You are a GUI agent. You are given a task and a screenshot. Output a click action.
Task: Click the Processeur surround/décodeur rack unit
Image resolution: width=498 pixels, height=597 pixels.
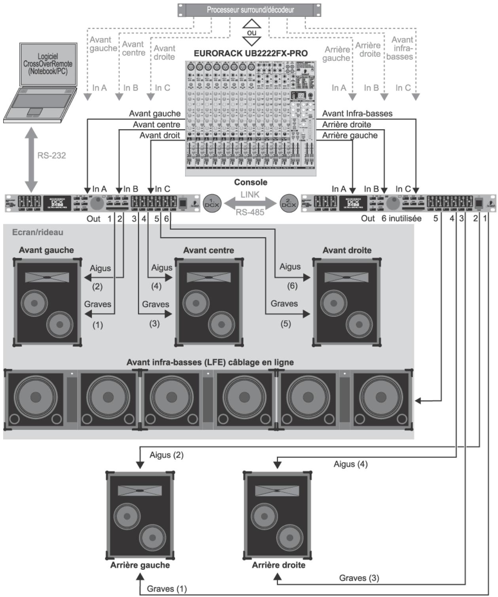pos(250,10)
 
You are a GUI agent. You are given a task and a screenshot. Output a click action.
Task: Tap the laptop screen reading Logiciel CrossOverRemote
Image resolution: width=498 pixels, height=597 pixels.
pos(48,64)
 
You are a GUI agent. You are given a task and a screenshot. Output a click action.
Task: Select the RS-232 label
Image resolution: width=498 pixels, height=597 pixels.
pos(51,155)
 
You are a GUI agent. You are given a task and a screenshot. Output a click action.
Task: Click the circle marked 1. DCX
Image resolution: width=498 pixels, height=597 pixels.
pos(212,204)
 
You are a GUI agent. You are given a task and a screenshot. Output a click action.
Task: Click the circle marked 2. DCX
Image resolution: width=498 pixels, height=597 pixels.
pos(289,204)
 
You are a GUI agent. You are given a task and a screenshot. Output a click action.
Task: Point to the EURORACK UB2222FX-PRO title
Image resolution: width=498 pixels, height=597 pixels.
pos(250,53)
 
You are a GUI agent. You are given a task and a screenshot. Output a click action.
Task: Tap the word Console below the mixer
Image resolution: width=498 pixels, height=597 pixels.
pos(250,182)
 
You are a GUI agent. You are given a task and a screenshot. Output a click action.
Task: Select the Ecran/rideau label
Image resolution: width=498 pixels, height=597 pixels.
pos(38,232)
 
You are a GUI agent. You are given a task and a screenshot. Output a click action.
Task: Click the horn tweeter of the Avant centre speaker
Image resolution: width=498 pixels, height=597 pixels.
pos(208,277)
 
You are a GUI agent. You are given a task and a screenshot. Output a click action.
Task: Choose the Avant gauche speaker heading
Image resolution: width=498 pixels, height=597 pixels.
pos(46,250)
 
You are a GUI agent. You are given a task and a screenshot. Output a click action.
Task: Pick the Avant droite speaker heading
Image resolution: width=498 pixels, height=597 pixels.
pos(347,250)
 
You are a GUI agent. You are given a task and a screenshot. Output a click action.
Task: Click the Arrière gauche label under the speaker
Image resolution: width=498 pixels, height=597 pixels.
pos(140,565)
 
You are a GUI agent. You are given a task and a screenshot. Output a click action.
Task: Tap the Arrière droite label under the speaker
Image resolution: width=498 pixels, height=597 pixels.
pos(278,565)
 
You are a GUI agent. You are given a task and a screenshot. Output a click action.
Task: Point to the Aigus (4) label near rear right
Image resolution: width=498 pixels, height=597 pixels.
pos(350,464)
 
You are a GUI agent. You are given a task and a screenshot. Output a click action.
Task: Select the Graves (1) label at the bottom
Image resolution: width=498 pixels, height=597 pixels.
pos(167,589)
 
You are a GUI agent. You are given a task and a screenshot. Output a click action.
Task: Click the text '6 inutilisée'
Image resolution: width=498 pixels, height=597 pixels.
pos(401,218)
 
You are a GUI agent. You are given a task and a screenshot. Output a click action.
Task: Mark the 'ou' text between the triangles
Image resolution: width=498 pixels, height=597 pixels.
pos(252,32)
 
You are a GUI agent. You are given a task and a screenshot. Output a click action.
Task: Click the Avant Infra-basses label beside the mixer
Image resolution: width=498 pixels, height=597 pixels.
pos(357,113)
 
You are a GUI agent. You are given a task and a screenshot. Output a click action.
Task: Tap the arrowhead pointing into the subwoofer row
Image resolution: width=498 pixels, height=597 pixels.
pos(418,401)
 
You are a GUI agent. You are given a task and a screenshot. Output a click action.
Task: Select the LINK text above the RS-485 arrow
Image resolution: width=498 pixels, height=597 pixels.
pos(250,194)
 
